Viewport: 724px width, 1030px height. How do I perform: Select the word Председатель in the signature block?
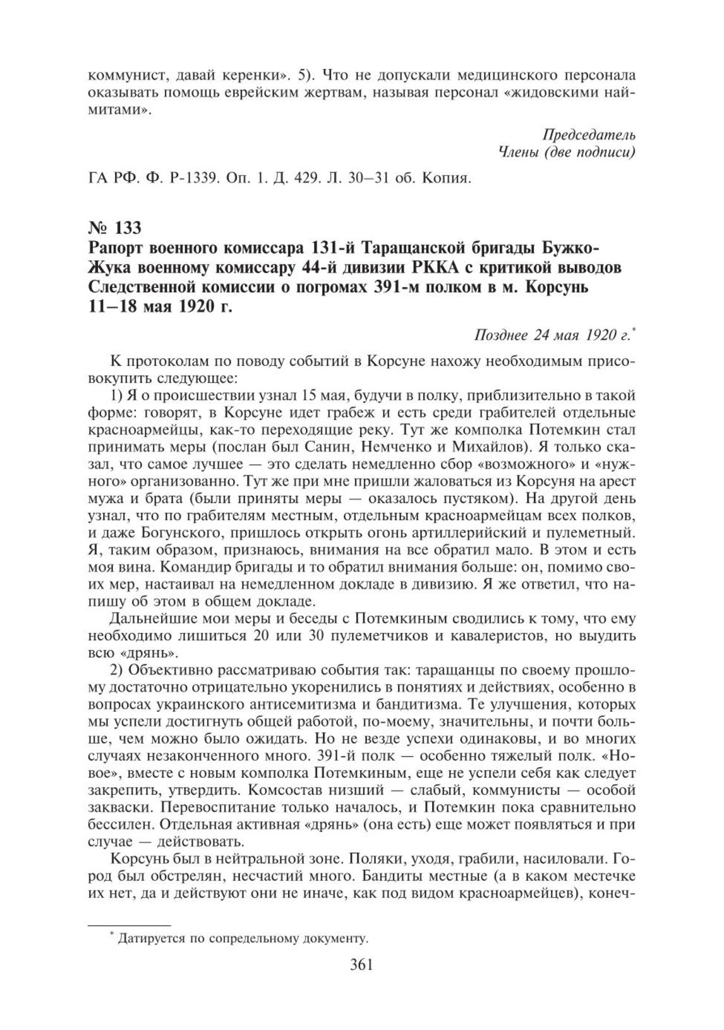(589, 135)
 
